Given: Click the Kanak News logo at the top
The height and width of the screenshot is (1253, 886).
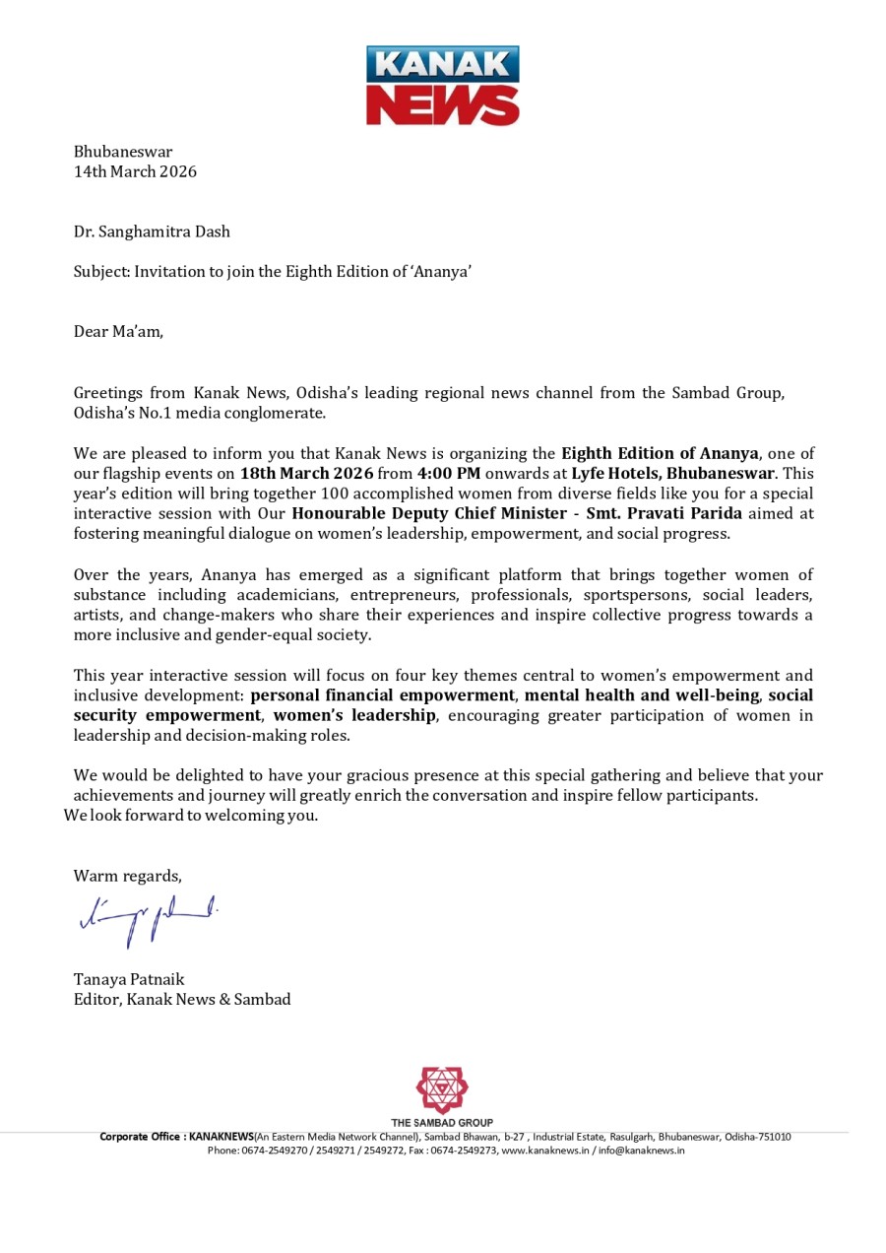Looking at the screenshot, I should click(x=443, y=85).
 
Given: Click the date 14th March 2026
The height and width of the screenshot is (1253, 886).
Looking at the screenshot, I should click(x=135, y=171).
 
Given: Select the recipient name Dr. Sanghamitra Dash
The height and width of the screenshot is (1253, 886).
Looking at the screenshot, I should click(x=152, y=231).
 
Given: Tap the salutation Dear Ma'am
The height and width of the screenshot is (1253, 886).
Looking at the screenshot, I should click(x=118, y=331).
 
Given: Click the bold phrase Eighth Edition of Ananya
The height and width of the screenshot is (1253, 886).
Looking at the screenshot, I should click(x=660, y=453).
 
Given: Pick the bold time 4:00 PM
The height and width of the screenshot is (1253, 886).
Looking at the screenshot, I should click(x=449, y=473).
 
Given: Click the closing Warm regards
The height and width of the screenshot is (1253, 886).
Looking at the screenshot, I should click(x=127, y=876).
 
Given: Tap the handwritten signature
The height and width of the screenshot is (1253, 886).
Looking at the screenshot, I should click(x=146, y=918).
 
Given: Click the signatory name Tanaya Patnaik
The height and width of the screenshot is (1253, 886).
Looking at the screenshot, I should click(x=129, y=979).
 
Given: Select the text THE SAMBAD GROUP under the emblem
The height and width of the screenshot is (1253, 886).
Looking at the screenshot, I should click(x=442, y=1122).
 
